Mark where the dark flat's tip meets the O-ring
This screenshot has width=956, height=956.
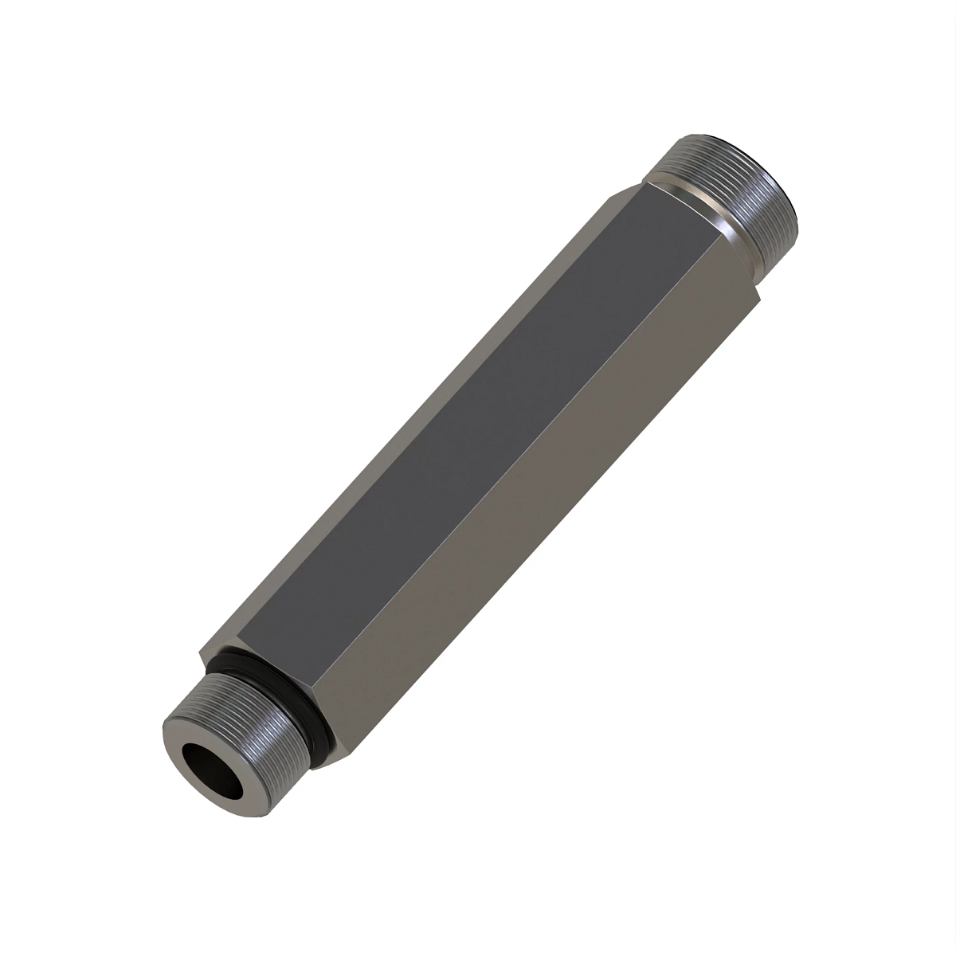coord(239,645)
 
